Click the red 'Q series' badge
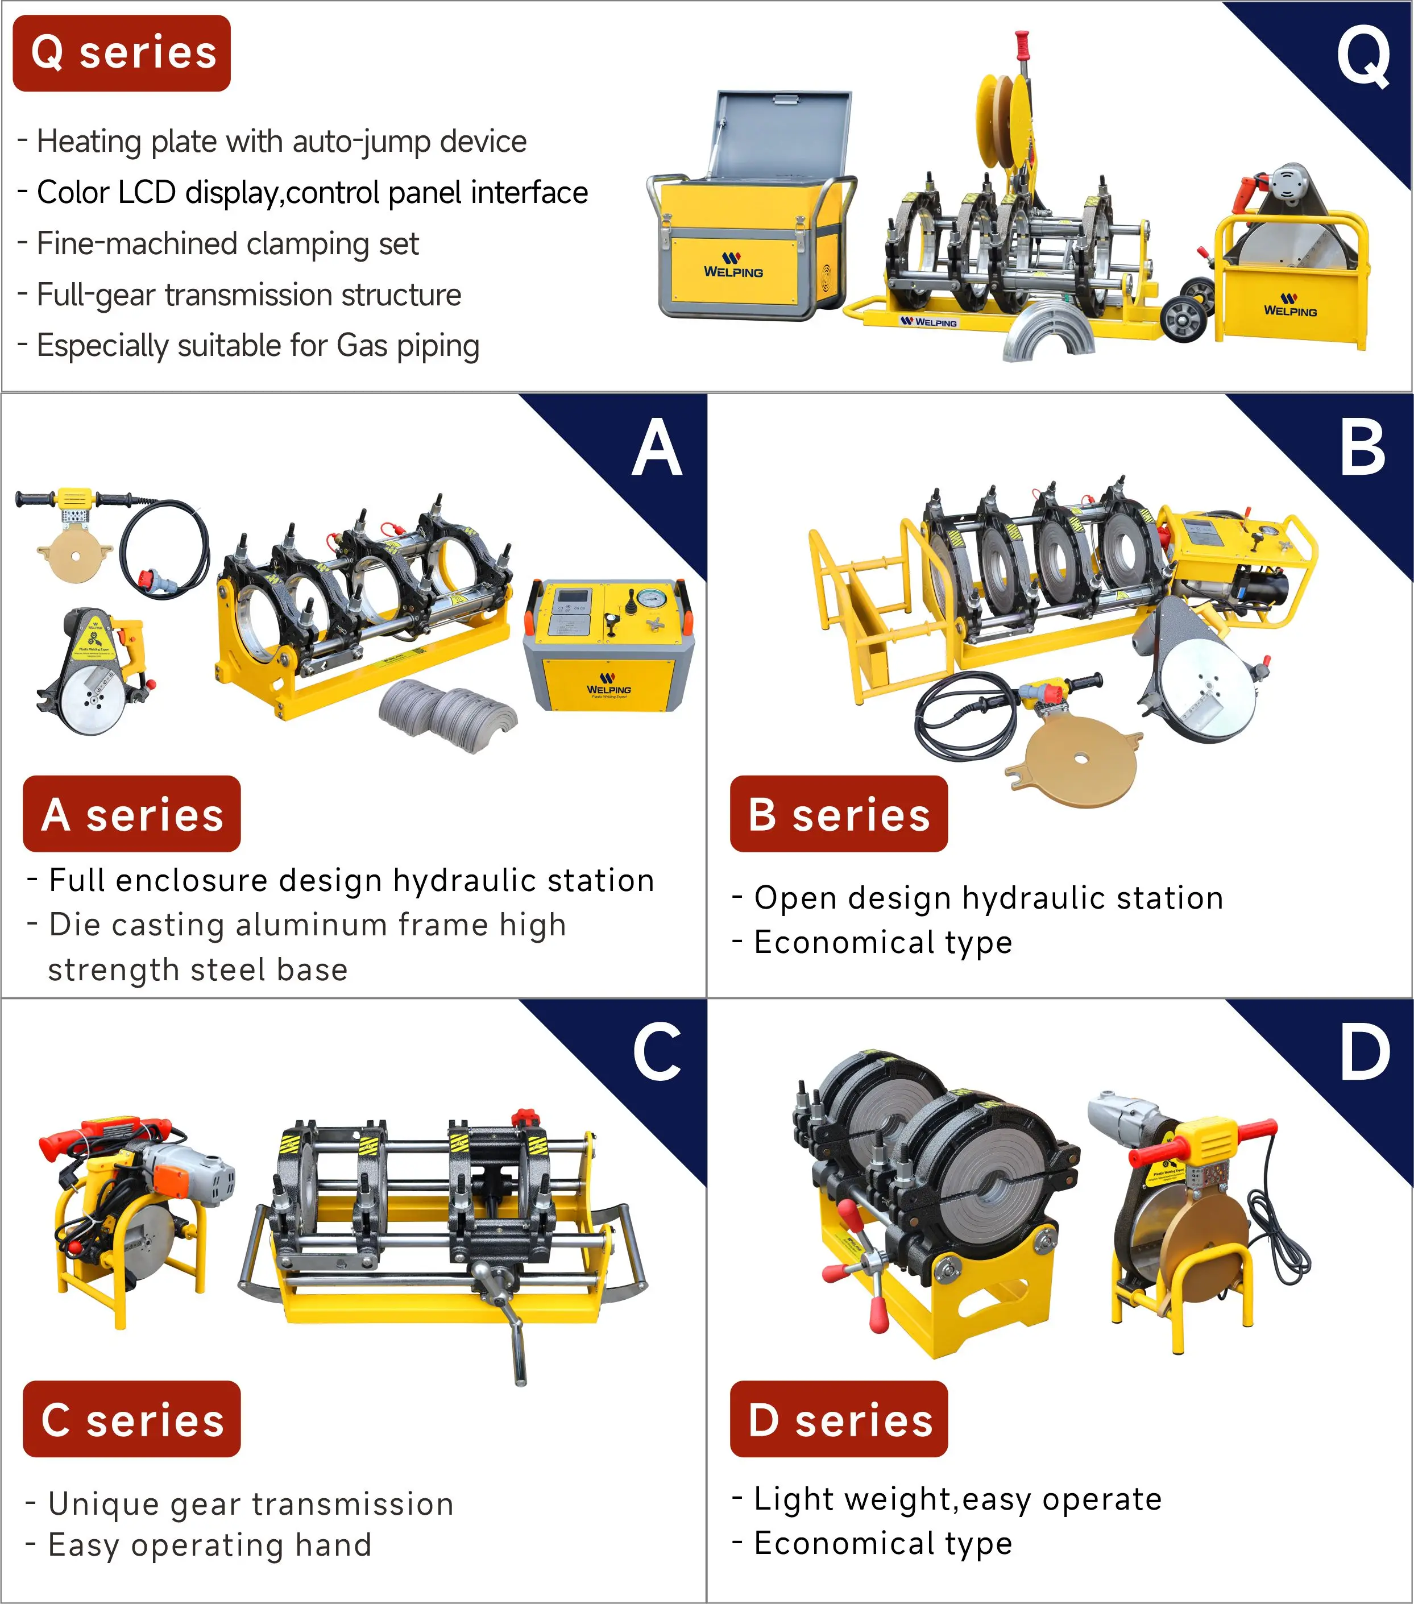tap(122, 53)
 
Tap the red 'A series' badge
tap(132, 814)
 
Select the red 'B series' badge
tap(838, 814)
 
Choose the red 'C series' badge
tap(132, 1419)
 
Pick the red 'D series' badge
tap(838, 1419)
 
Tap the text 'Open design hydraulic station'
tap(988, 898)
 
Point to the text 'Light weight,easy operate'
tap(957, 1499)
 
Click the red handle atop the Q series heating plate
tap(1022, 45)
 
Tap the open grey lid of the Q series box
tap(782, 134)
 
